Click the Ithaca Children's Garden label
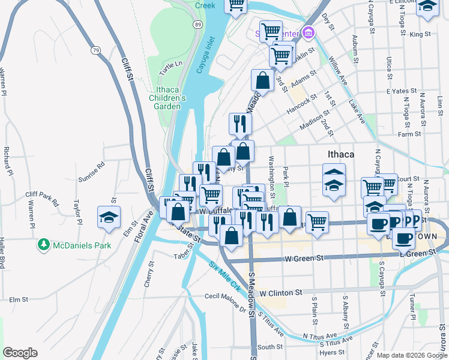(x=167, y=98)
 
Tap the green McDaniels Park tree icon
(x=43, y=245)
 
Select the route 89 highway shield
(x=197, y=23)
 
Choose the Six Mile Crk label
(x=224, y=277)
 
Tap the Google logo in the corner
(x=20, y=353)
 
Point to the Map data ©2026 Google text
(x=411, y=355)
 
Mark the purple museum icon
(x=309, y=32)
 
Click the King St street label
(x=420, y=34)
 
